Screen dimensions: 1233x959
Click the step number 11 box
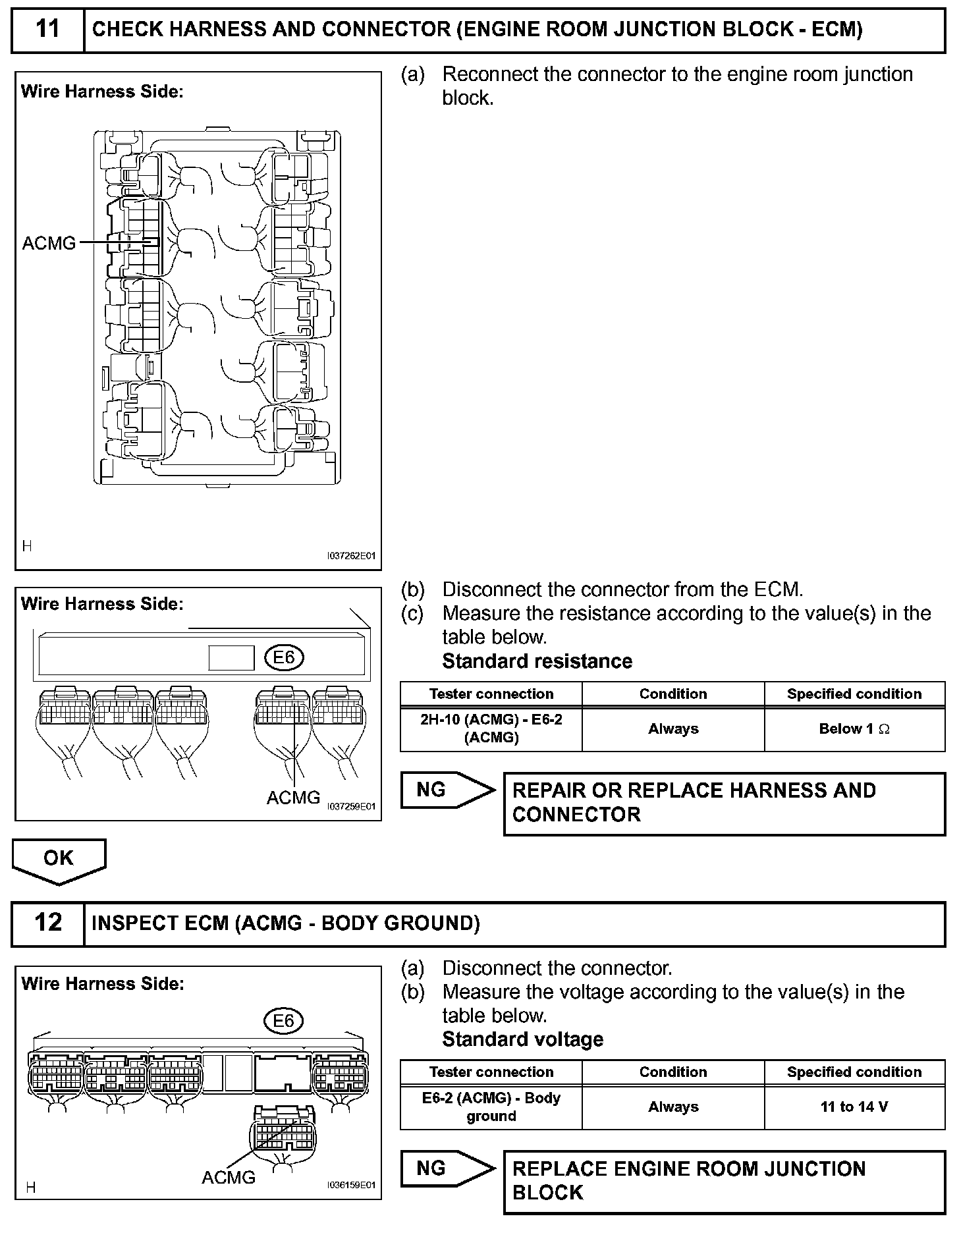48,30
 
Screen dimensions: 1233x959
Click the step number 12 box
48,923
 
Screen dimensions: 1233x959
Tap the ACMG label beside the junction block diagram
49,244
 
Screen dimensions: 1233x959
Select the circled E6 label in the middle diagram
284,657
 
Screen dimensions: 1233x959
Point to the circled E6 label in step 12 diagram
283,1021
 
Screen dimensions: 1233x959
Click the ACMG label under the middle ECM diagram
293,798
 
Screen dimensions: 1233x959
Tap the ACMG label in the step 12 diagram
228,1177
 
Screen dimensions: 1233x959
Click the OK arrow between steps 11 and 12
59,859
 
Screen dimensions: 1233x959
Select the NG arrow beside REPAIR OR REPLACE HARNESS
447,790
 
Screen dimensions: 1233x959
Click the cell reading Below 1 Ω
854,729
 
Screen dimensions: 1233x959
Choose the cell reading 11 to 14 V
854,1107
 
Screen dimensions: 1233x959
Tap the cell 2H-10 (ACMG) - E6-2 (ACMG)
491,728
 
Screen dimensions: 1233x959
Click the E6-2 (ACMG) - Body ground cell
491,1107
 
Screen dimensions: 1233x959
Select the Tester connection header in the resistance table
491,694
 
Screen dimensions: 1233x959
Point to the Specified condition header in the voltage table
854,1072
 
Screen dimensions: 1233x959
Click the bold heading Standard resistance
537,661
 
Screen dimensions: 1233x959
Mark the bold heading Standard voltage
522,1039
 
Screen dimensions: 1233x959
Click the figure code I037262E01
351,556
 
